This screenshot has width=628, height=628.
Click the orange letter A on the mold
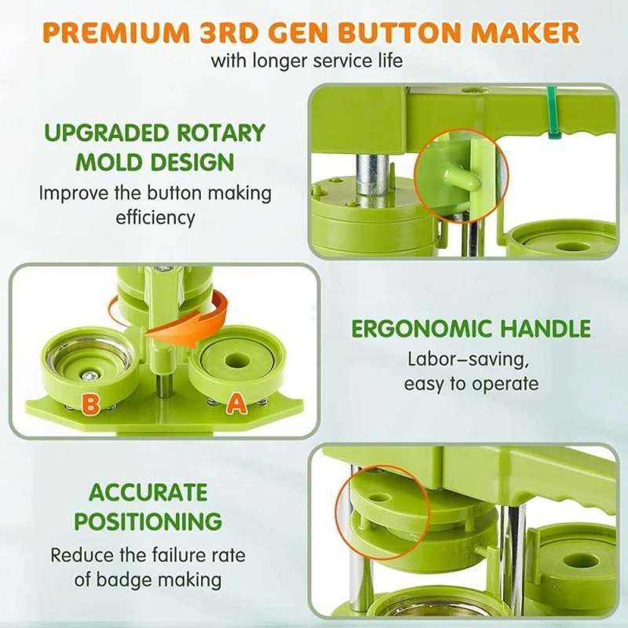coord(234,404)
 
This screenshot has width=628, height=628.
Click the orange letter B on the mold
coord(91,404)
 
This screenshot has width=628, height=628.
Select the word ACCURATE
coord(148,492)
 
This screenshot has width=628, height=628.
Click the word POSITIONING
coord(148,520)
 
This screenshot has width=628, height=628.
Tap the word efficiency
coord(155,217)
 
